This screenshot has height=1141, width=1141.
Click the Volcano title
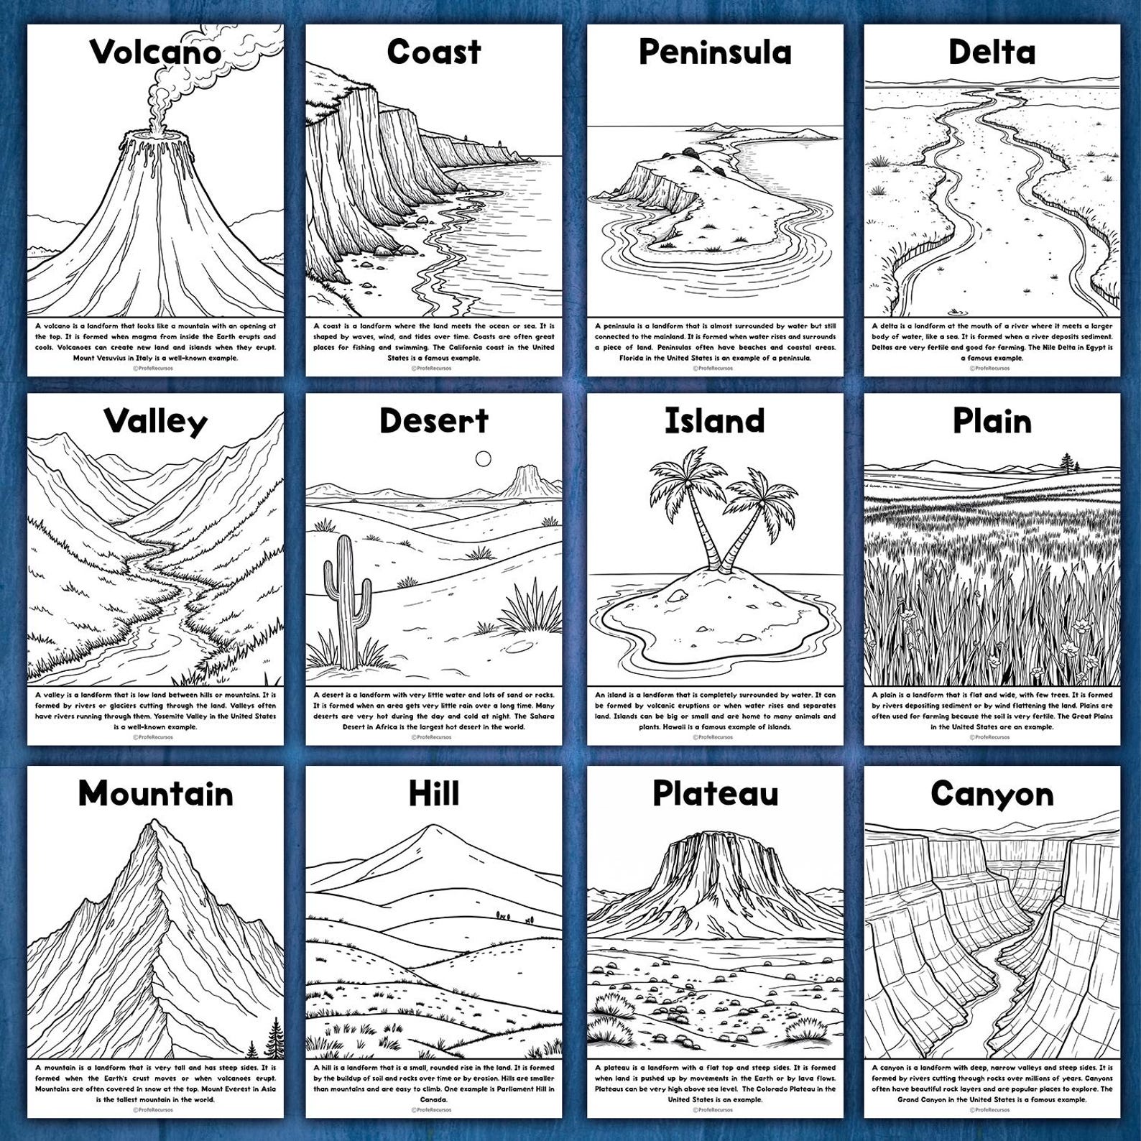tap(155, 52)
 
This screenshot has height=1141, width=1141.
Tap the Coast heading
tap(433, 52)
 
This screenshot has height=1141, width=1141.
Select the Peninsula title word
tap(715, 52)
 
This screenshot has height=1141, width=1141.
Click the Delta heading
tap(992, 52)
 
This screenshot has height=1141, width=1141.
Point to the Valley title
tap(155, 422)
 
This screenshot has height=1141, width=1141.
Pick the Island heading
tap(715, 421)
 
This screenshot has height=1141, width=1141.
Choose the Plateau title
tap(715, 793)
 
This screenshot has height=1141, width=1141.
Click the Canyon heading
tap(992, 794)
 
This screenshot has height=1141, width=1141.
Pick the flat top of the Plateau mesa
tap(714, 836)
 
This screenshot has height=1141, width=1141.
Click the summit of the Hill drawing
tap(431, 828)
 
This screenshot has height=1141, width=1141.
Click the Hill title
tap(433, 794)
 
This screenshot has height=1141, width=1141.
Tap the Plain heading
tap(992, 422)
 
